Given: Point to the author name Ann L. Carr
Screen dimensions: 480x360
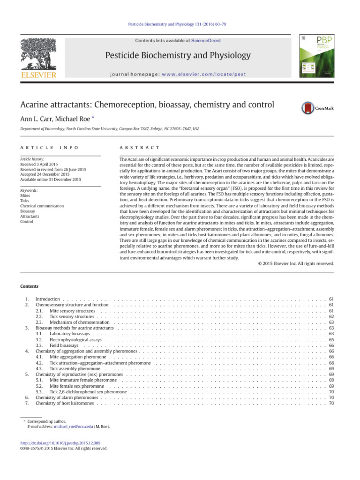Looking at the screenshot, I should pos(37,117).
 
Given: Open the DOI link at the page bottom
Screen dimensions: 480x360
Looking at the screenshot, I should pos(64,442).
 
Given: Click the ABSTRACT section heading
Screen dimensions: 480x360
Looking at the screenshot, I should pos(140,148).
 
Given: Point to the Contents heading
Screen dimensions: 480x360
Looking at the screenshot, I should pos(29,286).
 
